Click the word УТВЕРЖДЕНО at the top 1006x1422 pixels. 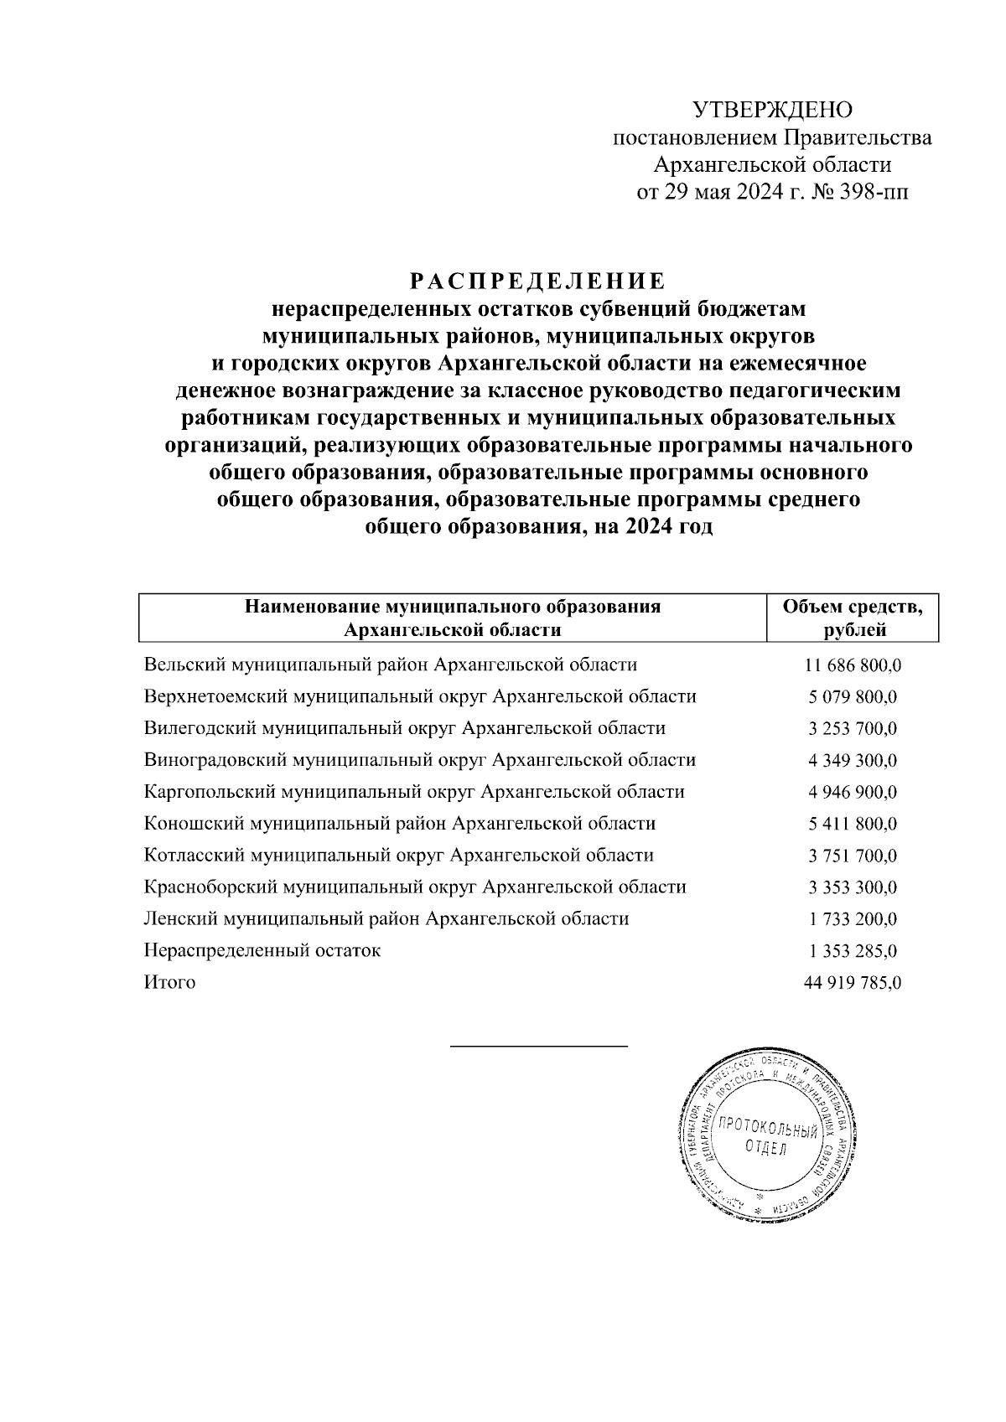tap(771, 110)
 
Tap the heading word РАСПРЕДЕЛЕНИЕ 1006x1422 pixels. tap(537, 280)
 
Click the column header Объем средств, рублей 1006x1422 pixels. tap(853, 618)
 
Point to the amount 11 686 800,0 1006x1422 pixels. tap(853, 666)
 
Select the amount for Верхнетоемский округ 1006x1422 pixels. tap(853, 698)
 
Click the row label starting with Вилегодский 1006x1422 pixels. tap(405, 729)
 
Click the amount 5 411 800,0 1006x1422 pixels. tap(853, 825)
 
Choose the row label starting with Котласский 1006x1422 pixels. tap(398, 856)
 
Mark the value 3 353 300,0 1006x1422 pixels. tap(853, 887)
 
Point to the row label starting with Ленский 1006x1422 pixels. tap(386, 919)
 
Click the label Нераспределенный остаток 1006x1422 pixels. tap(262, 951)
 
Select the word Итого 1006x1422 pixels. tap(169, 983)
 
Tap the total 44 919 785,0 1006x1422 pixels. tap(853, 984)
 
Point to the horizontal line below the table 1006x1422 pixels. tap(538, 1047)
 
